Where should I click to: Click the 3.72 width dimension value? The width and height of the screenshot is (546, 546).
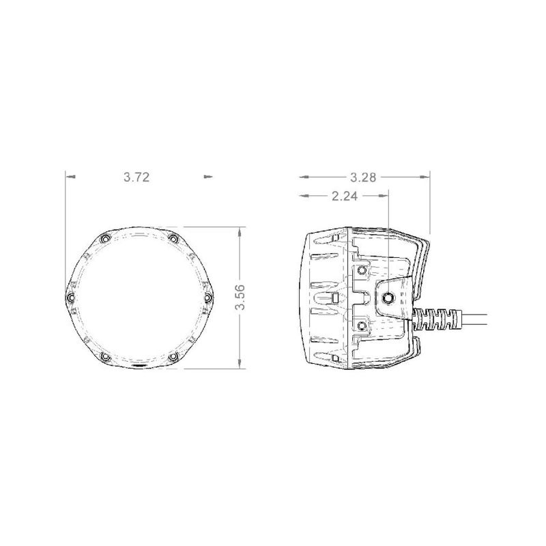pos(136,177)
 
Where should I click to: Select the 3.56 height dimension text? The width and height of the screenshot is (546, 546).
pos(240,298)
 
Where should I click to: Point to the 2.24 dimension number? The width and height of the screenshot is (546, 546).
pos(345,196)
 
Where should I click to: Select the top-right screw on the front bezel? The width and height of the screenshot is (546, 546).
pos(173,239)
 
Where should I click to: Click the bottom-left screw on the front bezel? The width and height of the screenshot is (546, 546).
pos(103,357)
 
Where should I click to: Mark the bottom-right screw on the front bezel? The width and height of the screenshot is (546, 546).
pos(173,357)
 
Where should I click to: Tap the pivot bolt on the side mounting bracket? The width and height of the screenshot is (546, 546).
pos(388,298)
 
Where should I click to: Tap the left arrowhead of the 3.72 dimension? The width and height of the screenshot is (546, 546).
pos(70,177)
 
